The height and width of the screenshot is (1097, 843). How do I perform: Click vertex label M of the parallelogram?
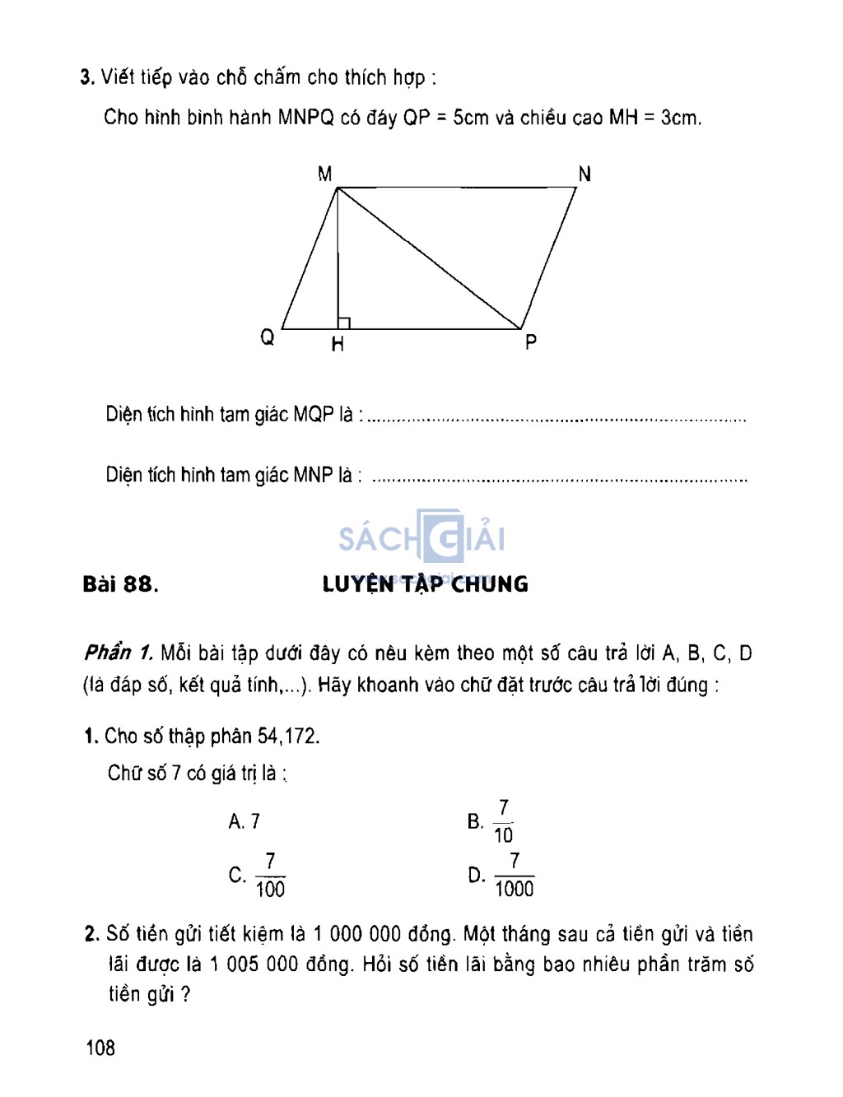(324, 174)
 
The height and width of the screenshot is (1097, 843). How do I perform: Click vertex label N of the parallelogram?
(585, 174)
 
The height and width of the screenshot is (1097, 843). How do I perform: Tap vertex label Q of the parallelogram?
(268, 337)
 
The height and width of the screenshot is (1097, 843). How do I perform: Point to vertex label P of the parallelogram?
(531, 342)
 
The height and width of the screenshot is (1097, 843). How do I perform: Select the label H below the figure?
(338, 345)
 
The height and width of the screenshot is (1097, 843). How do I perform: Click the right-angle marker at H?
(344, 323)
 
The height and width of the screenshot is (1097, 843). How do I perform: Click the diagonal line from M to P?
(428, 258)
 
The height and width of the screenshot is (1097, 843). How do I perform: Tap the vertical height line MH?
(338, 263)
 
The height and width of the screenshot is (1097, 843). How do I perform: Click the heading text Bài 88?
(120, 584)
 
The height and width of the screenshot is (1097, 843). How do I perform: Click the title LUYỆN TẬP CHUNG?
(425, 584)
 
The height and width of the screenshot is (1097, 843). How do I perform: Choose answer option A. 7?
(245, 821)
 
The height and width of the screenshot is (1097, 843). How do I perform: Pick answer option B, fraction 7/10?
(491, 821)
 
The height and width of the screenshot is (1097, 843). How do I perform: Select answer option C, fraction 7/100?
(258, 876)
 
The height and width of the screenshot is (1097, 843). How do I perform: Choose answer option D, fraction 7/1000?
(501, 876)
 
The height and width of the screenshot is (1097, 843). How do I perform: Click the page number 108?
(100, 1048)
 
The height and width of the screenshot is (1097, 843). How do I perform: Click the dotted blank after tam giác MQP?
(557, 419)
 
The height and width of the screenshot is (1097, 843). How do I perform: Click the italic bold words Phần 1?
(119, 653)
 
